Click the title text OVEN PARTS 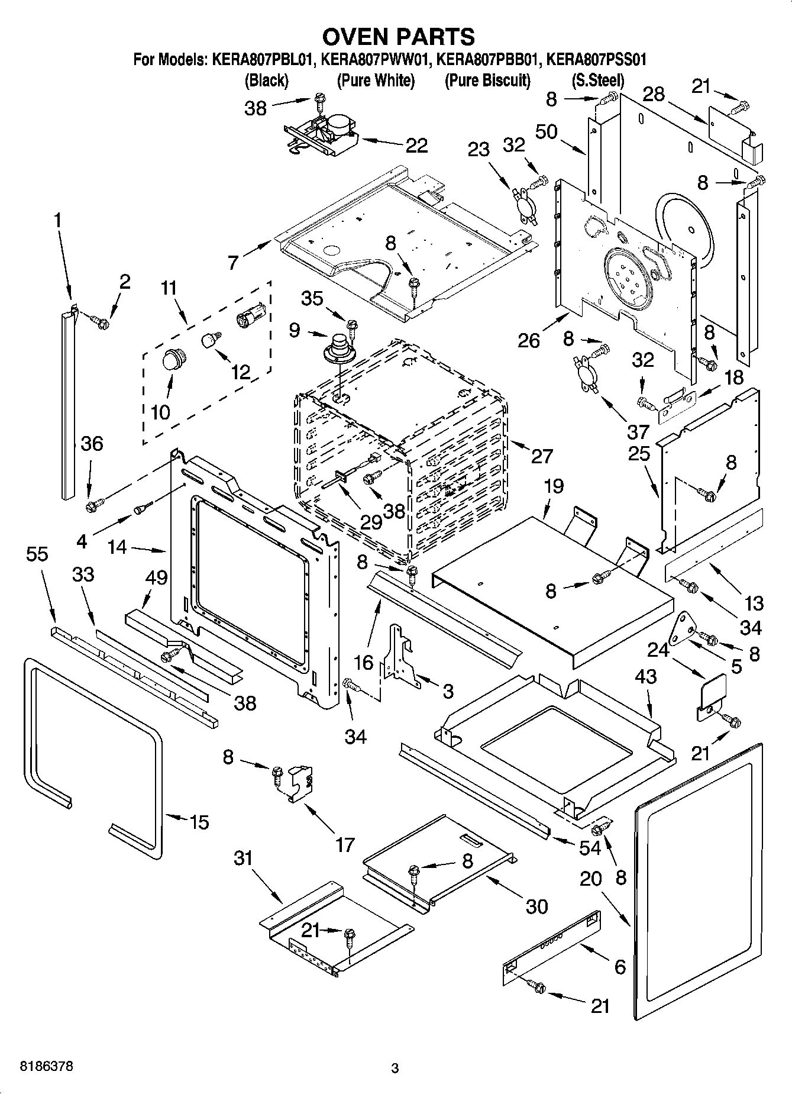click(397, 37)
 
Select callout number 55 click(37, 554)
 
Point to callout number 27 click(541, 456)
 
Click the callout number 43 click(645, 676)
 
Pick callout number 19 click(554, 486)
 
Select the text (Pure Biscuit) click(487, 80)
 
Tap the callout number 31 click(243, 858)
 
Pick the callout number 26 click(529, 340)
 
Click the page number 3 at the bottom click(395, 1069)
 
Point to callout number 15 click(199, 822)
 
